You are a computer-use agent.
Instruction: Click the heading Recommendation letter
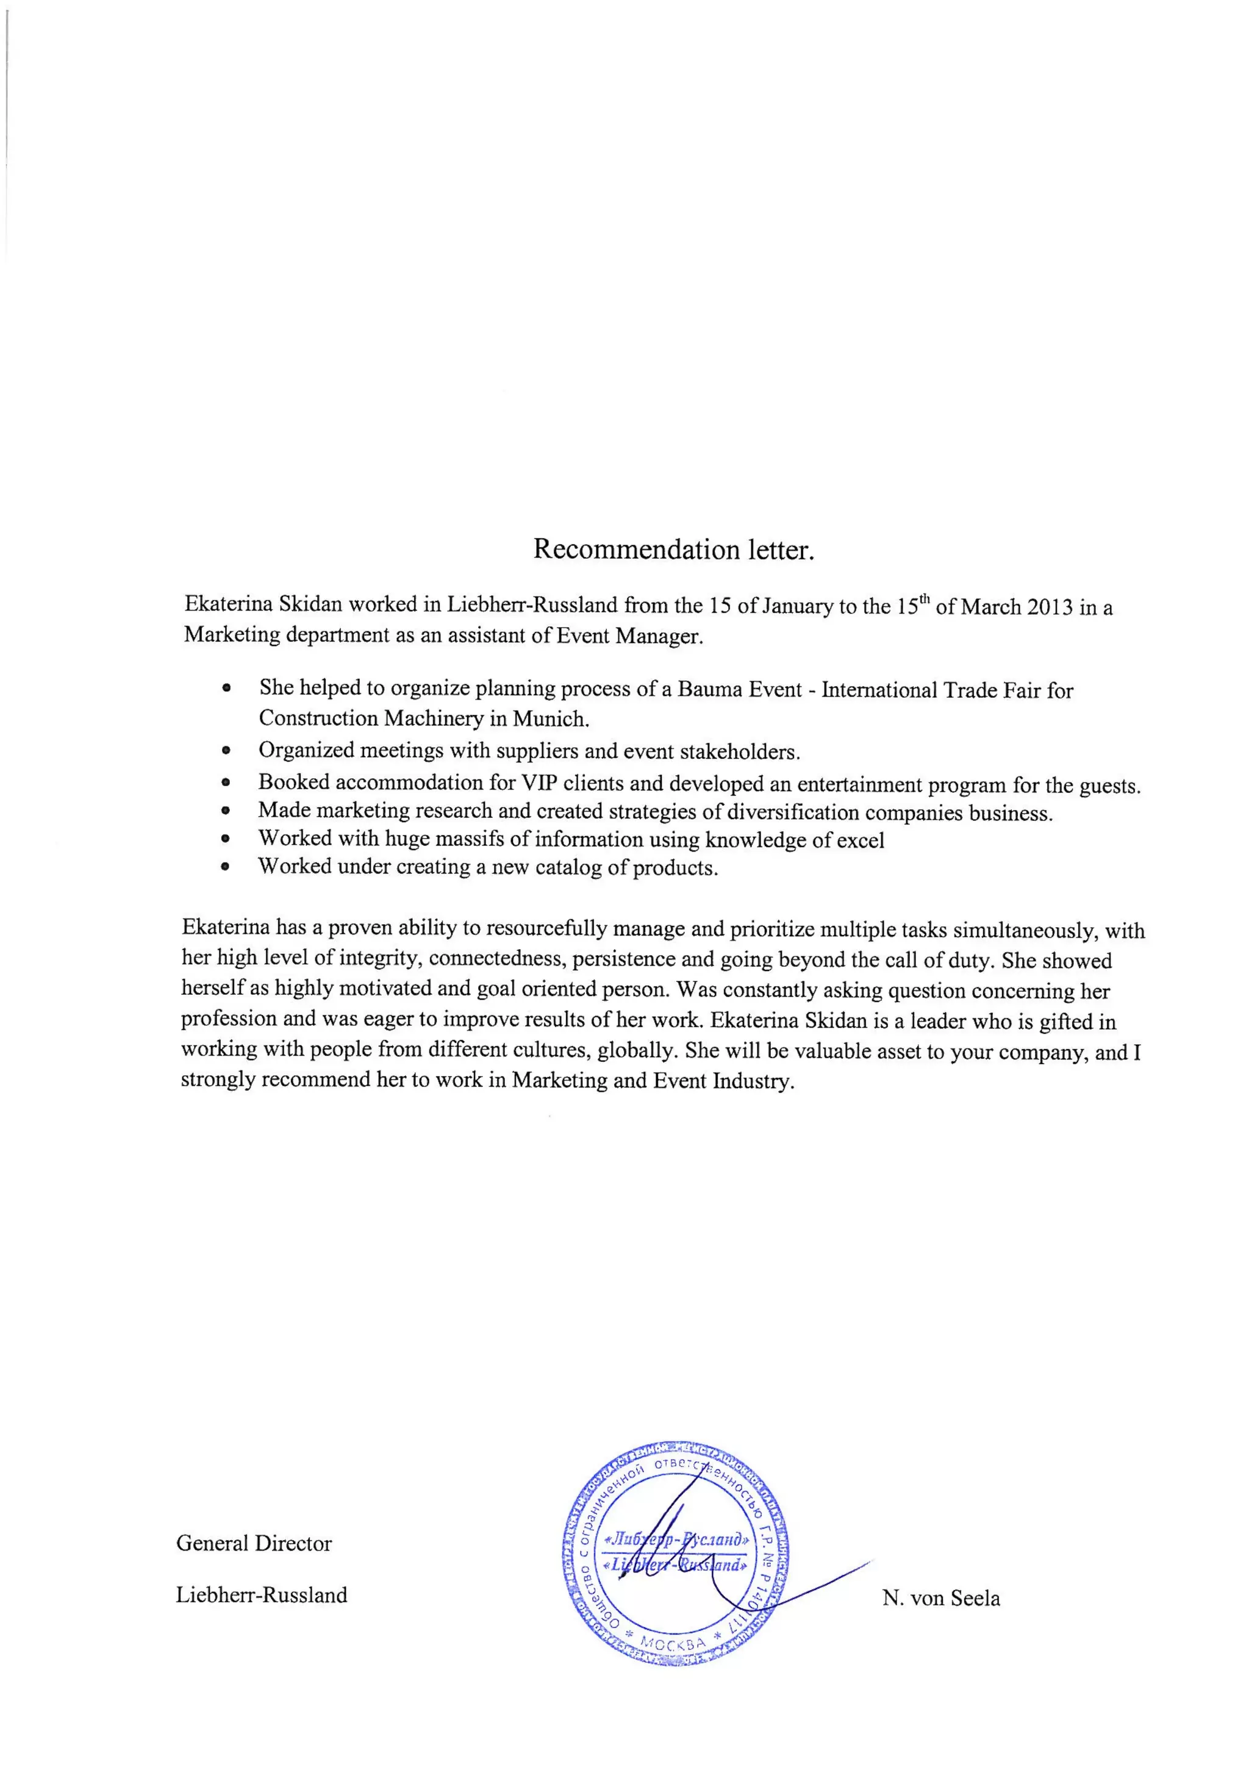[673, 550]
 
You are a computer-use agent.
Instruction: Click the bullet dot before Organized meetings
[226, 750]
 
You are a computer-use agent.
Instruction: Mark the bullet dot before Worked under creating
[226, 867]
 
